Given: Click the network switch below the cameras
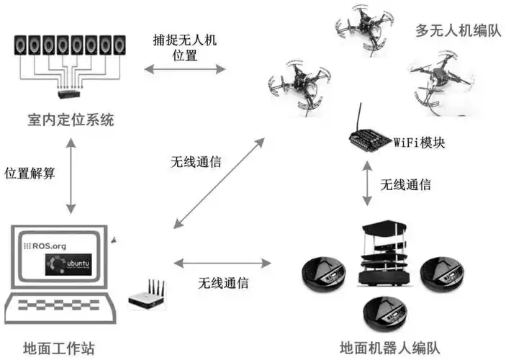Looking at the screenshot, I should click(71, 91).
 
